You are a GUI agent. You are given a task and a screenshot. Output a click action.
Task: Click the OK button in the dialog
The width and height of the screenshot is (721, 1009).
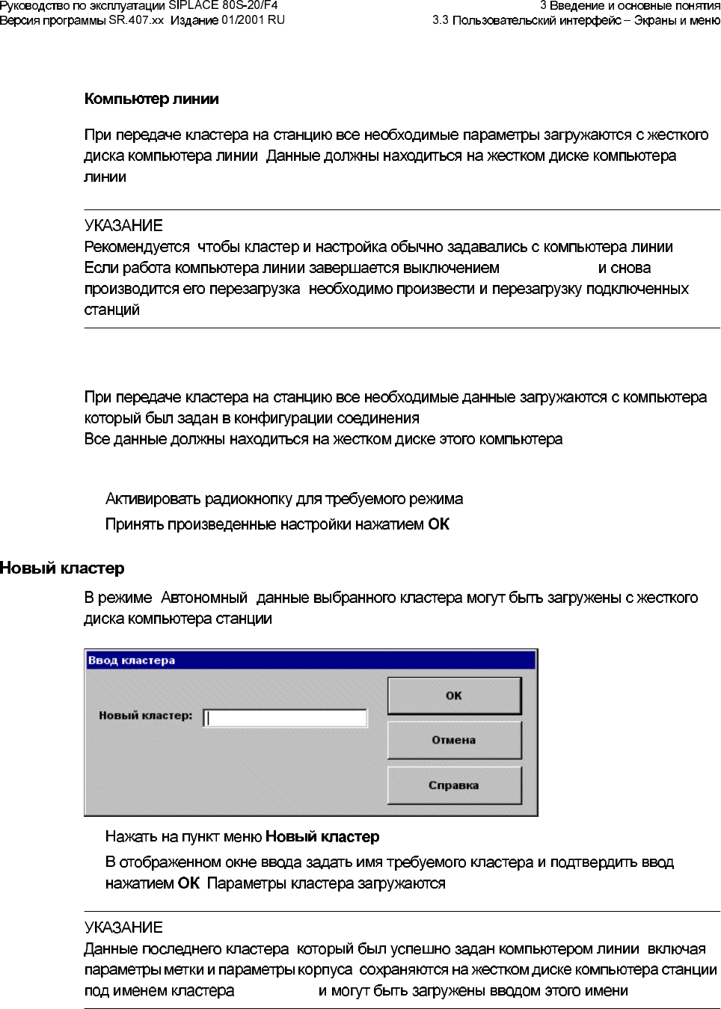(x=453, y=696)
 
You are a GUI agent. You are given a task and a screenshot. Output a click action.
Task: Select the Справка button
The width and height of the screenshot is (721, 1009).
(x=453, y=785)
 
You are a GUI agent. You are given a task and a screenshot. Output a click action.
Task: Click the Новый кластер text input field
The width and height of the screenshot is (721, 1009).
(x=285, y=718)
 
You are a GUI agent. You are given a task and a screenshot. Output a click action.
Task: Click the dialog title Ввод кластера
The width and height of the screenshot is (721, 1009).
(x=132, y=660)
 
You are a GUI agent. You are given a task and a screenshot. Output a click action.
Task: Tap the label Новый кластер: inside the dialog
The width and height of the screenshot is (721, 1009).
(x=145, y=716)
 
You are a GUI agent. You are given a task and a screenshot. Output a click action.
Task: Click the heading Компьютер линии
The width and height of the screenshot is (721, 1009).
(x=151, y=99)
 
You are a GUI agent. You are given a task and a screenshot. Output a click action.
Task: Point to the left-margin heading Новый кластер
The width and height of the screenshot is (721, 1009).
(x=62, y=568)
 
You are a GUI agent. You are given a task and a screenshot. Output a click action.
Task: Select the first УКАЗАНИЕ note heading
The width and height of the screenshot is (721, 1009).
(x=123, y=226)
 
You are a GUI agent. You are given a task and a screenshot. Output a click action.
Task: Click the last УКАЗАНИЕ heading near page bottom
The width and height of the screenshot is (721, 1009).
(x=123, y=927)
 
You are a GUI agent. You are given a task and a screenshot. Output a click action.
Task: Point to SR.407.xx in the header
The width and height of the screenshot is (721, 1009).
(x=136, y=20)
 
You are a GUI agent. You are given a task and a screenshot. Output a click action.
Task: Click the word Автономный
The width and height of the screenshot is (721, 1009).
(x=203, y=598)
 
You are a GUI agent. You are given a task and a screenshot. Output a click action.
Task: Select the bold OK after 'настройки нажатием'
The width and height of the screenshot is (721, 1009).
(x=438, y=524)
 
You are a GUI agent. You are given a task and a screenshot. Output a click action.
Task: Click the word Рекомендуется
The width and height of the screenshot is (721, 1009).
(x=137, y=247)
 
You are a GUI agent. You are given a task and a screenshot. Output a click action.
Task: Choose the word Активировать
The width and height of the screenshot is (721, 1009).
(x=153, y=499)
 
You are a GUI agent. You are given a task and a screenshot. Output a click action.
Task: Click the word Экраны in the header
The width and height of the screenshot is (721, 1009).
(x=657, y=20)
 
